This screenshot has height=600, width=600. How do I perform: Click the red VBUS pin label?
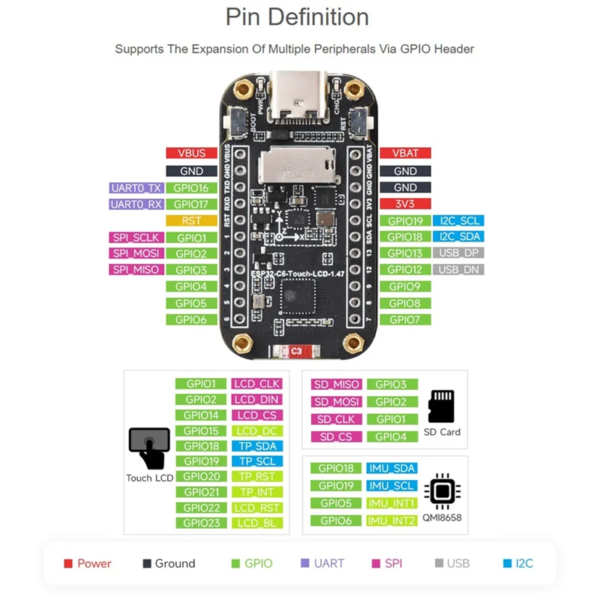(x=191, y=154)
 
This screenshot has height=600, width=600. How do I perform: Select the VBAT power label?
(x=405, y=154)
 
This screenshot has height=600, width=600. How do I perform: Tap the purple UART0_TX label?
(x=136, y=187)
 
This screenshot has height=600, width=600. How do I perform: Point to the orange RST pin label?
(x=191, y=220)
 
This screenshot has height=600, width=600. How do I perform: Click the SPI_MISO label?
(x=136, y=269)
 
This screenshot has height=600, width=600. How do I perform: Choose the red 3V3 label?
(x=405, y=204)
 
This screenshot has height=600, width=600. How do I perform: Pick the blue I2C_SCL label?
(x=457, y=221)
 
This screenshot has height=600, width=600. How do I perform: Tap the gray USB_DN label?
(x=457, y=269)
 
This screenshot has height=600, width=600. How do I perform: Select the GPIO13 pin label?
(x=405, y=253)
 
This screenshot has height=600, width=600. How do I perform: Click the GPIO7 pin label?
(x=405, y=320)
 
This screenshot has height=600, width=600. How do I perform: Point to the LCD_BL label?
(x=257, y=523)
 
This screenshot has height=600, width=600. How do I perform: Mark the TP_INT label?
(x=257, y=492)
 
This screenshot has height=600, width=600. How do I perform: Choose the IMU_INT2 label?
(x=391, y=520)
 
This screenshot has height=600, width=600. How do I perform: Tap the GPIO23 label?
(x=200, y=523)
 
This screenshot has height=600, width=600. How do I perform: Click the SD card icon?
(x=441, y=406)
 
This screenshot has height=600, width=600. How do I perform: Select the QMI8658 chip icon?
(x=442, y=492)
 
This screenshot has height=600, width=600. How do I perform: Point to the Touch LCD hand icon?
(x=149, y=448)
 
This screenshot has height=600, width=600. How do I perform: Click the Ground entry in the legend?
(x=169, y=563)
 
